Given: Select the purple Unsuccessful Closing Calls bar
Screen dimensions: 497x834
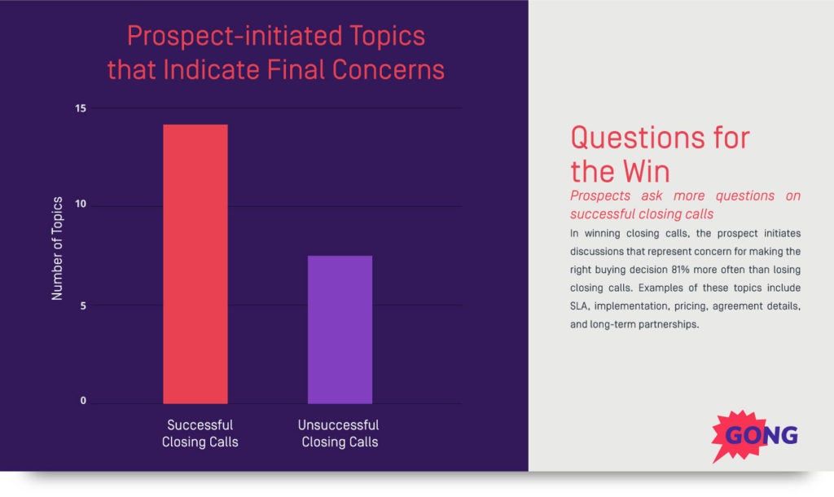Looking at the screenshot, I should click(x=340, y=329).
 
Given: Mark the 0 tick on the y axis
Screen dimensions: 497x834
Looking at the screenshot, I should click(x=83, y=402).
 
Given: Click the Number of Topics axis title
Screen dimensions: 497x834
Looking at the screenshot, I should click(x=58, y=248).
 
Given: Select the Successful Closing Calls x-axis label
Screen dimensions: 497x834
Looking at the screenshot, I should click(x=200, y=433).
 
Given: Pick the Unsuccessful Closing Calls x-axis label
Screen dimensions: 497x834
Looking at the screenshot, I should click(x=339, y=433).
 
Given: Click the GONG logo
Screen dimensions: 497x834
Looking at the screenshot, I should click(x=757, y=435).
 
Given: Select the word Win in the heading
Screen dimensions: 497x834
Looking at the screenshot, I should click(x=643, y=172).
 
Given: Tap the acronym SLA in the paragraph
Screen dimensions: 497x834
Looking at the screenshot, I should click(x=581, y=306).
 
